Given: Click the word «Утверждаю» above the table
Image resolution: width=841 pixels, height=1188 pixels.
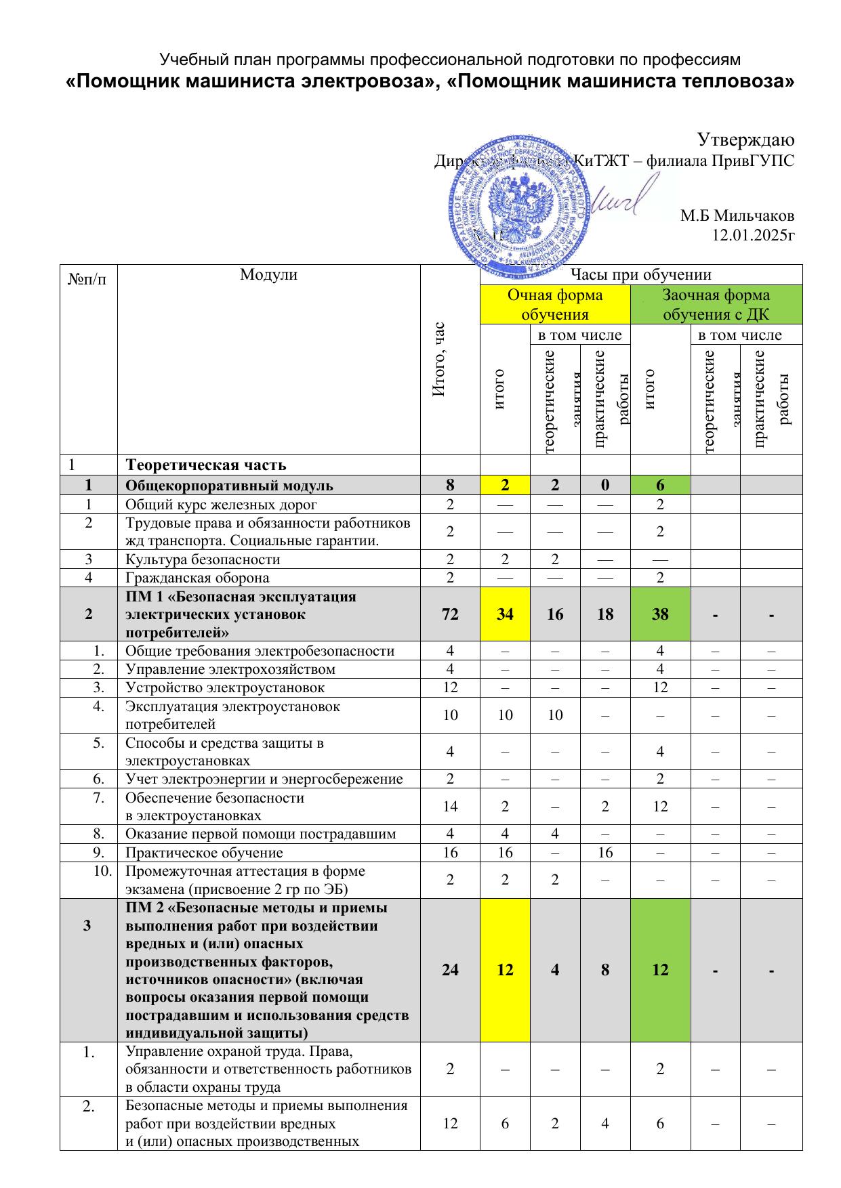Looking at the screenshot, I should [x=745, y=140].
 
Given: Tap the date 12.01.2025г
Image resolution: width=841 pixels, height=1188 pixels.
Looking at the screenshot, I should [x=752, y=236].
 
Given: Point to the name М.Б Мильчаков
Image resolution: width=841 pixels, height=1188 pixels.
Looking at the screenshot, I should [x=737, y=216].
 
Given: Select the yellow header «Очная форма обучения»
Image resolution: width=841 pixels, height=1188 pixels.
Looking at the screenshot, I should [x=555, y=304].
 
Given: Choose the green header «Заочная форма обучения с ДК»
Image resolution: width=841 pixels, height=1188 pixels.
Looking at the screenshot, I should [x=716, y=304].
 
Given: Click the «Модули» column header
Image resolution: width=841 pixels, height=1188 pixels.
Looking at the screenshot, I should [x=268, y=274].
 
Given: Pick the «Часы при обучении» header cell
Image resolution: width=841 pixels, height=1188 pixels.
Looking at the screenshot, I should [x=640, y=274].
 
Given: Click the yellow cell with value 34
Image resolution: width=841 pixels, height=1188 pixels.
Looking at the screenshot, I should [x=505, y=614].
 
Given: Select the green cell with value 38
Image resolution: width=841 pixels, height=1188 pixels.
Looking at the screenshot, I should [x=660, y=614].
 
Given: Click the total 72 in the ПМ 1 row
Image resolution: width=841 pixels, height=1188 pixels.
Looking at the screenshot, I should [x=450, y=614].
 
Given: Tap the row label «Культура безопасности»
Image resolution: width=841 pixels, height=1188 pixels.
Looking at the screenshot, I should [x=203, y=559].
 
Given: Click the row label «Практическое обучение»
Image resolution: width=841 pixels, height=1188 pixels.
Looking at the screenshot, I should [x=204, y=853].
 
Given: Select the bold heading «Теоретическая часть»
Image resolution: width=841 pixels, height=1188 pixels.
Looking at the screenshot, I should [x=206, y=465].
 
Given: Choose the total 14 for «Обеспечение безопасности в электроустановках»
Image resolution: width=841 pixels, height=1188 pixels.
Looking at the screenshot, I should [x=450, y=807].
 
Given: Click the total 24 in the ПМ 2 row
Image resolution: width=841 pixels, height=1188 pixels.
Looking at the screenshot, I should [x=450, y=970].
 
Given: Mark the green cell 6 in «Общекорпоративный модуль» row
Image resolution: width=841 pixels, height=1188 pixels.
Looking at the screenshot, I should [x=660, y=485].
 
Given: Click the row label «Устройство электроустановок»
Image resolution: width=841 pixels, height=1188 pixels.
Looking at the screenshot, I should [x=225, y=687].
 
